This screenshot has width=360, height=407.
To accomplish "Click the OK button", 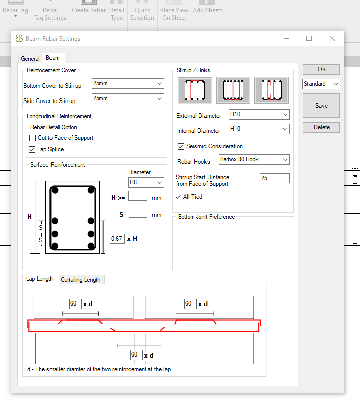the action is coord(321,69).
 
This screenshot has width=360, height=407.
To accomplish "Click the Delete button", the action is coord(321,127).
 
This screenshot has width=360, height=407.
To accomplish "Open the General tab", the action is coord(30,59).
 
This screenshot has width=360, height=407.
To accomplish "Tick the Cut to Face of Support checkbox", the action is coord(33,138).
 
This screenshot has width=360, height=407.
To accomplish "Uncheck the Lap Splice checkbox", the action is coord(32,150).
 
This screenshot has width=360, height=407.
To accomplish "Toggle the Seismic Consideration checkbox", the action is coord(181,146).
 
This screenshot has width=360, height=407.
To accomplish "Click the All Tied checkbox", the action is coord(178,197).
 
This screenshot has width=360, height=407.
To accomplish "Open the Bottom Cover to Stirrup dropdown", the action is coord(128,84).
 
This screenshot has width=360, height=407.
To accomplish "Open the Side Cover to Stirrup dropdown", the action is coord(128,98).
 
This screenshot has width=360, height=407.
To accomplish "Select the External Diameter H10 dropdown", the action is coord(259,114).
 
